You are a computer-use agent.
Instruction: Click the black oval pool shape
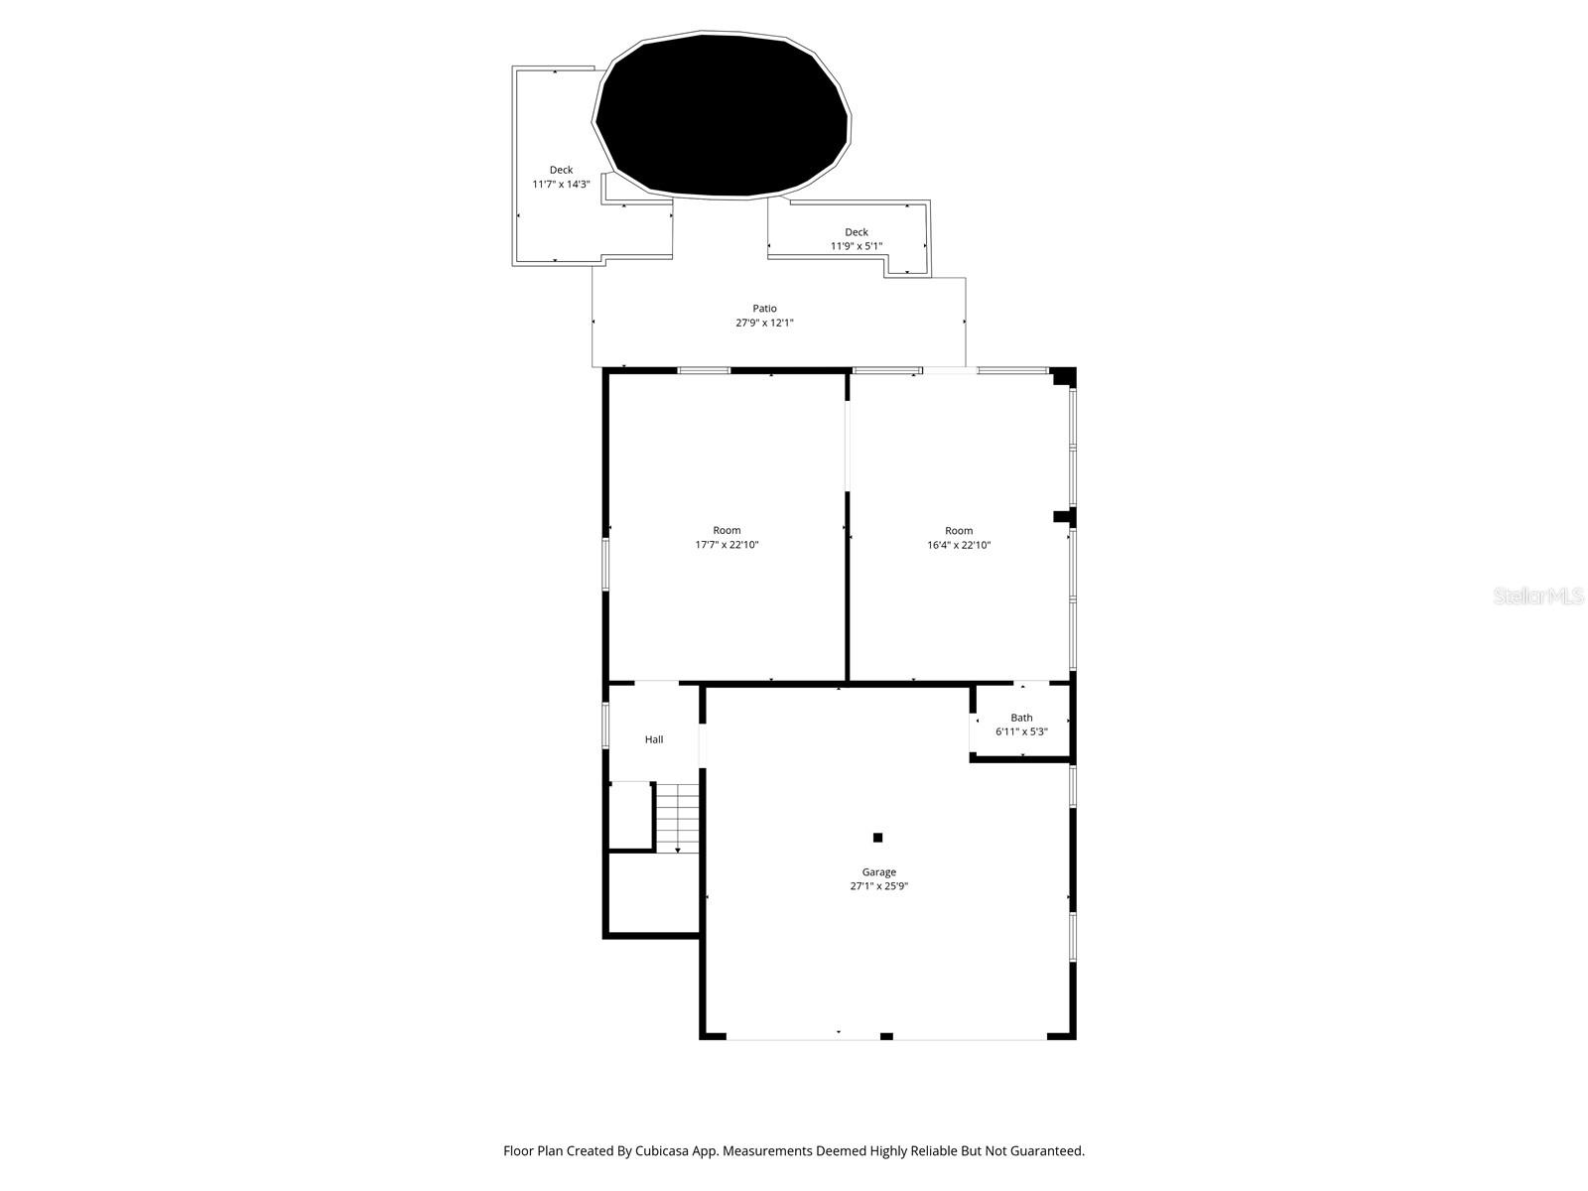723,115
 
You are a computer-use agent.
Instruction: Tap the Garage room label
878,872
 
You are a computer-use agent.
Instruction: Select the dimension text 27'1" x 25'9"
878,887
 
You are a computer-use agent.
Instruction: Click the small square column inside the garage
877,838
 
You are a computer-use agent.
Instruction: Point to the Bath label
1021,718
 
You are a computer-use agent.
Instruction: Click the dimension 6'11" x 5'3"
1021,731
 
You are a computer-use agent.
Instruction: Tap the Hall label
654,739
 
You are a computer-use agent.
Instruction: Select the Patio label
764,309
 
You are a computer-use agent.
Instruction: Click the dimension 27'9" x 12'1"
764,323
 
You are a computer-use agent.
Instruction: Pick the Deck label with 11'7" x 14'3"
561,170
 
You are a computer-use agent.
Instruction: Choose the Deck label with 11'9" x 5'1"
856,232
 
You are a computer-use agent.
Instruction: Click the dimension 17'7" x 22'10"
727,545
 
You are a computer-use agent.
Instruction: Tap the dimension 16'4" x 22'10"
959,545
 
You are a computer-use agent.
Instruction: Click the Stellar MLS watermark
1538,596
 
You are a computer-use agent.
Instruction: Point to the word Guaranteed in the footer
1046,1151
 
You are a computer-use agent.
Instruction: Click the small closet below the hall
629,816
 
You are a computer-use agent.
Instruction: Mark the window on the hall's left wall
605,725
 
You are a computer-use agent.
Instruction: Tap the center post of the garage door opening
886,1036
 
